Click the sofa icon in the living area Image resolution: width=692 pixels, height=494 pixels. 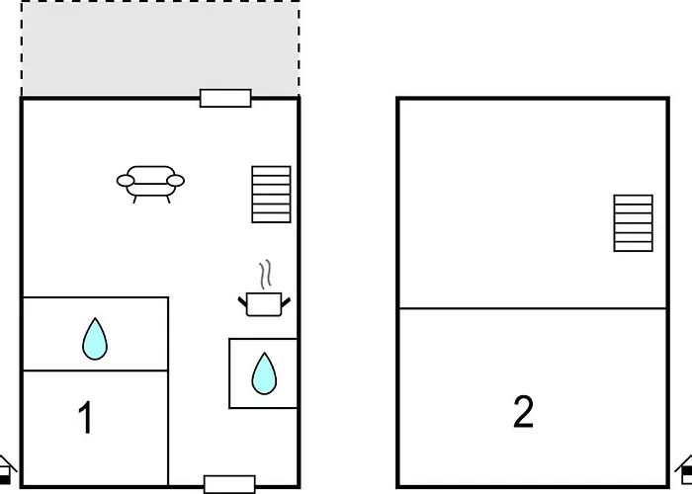[x=150, y=184]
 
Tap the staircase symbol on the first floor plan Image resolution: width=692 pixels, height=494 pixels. [x=271, y=194]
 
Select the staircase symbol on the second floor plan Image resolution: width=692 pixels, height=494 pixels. [x=633, y=223]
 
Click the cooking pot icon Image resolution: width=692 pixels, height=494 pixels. [x=264, y=304]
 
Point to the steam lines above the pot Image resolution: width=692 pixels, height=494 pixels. [x=265, y=275]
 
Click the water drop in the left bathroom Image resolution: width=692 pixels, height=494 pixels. [x=95, y=339]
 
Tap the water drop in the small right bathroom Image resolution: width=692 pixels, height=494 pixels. [x=264, y=373]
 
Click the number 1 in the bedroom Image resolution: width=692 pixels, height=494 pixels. [x=85, y=417]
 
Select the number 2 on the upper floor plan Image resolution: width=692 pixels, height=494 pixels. [x=523, y=411]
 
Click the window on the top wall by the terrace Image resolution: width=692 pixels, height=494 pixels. [x=225, y=98]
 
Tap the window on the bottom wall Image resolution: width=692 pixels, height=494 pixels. [x=229, y=484]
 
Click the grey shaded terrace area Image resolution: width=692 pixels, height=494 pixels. [x=160, y=48]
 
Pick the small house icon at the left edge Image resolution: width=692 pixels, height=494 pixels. [x=5, y=470]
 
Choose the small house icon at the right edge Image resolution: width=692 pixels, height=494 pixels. [x=685, y=470]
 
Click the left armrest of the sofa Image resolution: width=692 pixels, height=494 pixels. [x=126, y=181]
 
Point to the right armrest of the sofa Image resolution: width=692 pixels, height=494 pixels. [x=176, y=181]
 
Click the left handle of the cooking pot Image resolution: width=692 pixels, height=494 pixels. [x=243, y=301]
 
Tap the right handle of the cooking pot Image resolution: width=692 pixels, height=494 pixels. [x=286, y=302]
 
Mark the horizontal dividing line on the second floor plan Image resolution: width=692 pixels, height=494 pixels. [x=533, y=308]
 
